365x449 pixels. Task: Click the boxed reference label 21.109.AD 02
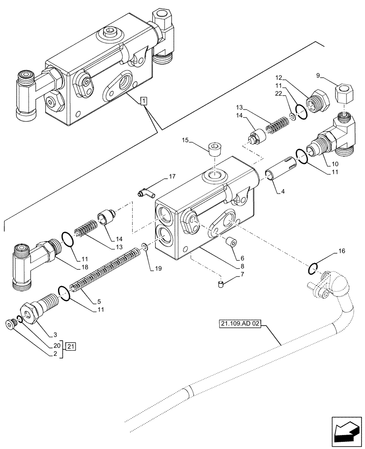point(240,323)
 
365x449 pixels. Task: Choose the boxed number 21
point(71,346)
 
